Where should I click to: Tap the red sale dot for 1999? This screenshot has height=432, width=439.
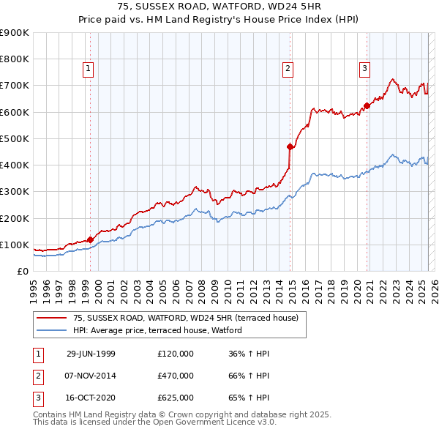coord(90,239)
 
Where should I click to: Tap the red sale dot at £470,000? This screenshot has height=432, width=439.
coord(290,146)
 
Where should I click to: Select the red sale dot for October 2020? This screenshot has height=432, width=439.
coord(367,105)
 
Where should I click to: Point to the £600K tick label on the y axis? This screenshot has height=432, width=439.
coord(15,112)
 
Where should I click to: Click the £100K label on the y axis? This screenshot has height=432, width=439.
coord(15,245)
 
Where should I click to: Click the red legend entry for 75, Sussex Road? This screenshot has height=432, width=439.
coord(185,318)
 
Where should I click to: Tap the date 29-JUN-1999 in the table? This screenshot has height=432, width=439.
coord(91,354)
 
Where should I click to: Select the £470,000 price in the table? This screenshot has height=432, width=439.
coord(176,376)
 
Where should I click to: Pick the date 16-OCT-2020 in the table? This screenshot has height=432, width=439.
coord(91,398)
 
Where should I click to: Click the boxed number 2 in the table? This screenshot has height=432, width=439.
coord(37,376)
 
